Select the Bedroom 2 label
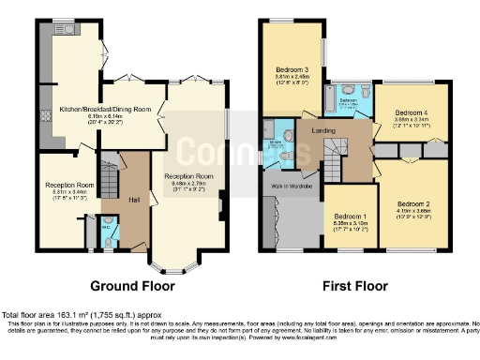pyautogui.click(x=412, y=203)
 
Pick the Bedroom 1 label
pyautogui.click(x=350, y=217)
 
